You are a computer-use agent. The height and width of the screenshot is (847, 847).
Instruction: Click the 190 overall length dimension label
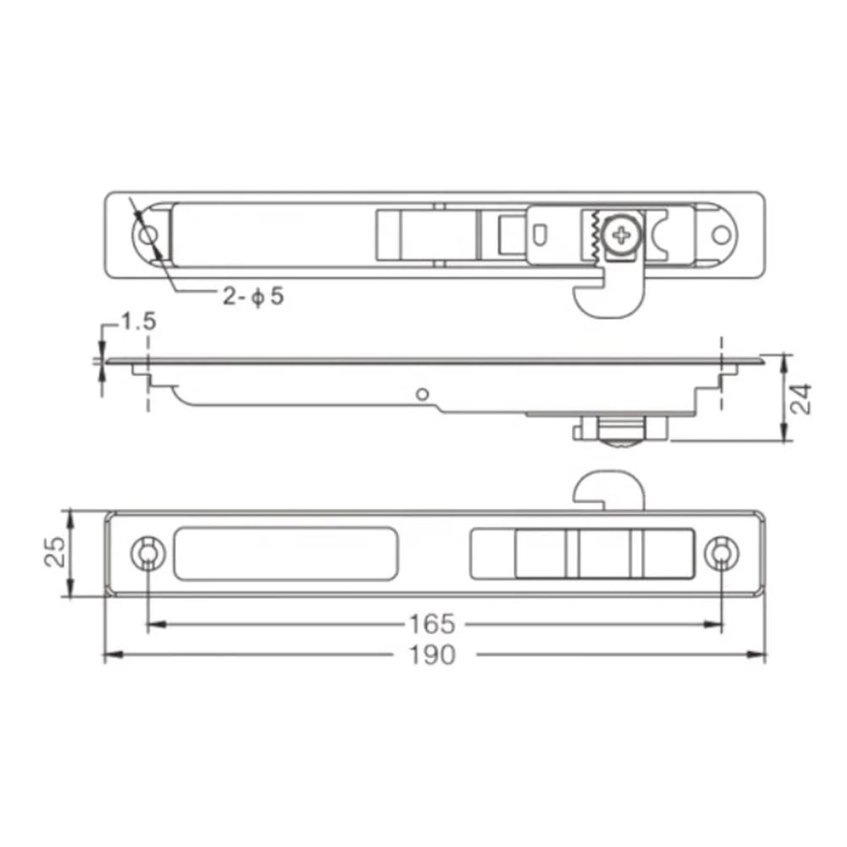432,656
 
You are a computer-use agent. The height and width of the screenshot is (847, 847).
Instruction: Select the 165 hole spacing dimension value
432,624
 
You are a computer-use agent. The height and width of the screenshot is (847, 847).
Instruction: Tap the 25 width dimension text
54,551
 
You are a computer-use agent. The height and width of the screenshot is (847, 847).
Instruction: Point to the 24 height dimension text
801,399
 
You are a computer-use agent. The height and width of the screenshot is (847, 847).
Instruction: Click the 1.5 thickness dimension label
139,321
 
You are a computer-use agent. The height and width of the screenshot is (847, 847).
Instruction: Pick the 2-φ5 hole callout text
252,296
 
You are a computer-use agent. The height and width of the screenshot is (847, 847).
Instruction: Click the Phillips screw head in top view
623,235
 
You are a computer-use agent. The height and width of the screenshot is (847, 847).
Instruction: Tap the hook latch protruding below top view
609,296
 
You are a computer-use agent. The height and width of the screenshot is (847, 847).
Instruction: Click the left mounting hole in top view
148,236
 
